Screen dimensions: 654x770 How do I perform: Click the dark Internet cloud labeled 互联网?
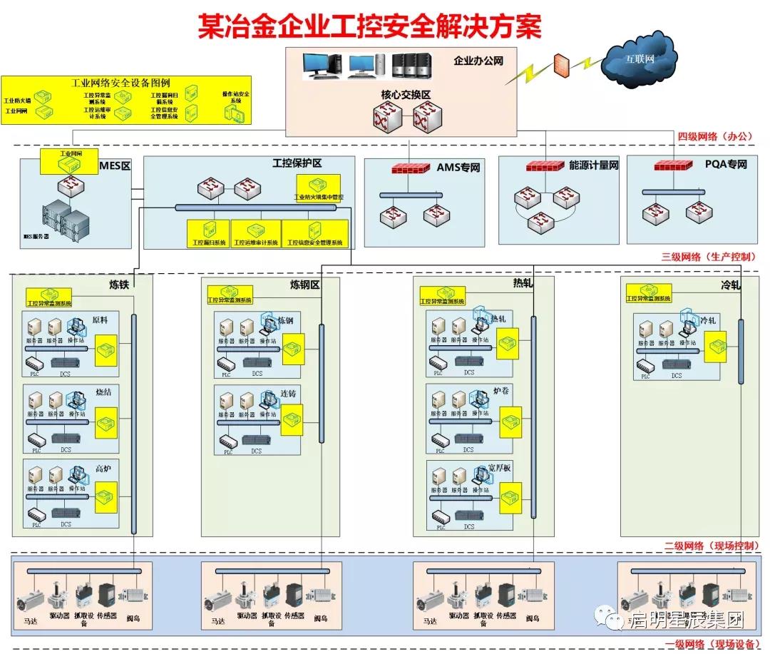[640, 58]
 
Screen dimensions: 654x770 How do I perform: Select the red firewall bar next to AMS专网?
[411, 168]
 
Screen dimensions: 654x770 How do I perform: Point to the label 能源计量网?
[594, 165]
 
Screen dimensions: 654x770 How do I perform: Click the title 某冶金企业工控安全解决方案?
[369, 27]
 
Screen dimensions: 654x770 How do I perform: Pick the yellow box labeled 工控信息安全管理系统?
[315, 233]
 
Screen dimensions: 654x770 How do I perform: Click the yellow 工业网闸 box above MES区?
[69, 162]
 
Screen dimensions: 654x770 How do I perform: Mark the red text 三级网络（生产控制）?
[709, 257]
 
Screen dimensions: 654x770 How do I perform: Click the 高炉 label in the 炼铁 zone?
[104, 469]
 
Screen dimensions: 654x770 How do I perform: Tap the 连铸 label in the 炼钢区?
[287, 393]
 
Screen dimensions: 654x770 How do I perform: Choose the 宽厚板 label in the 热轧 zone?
[499, 468]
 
